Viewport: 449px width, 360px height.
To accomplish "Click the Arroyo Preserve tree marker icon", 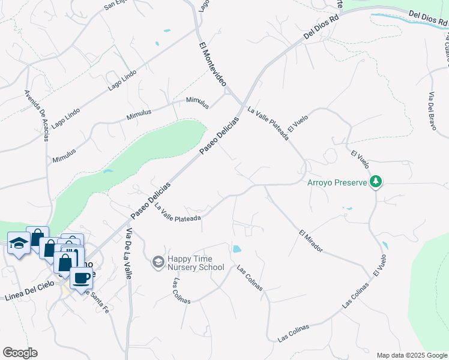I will click(376, 181).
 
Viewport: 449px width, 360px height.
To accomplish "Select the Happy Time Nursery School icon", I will click(158, 262).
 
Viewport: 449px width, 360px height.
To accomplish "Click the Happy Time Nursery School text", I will click(196, 263).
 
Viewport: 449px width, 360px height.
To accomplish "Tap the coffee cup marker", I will click(80, 278).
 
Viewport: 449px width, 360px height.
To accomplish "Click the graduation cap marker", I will click(18, 243).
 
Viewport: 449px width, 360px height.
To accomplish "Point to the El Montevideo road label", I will click(212, 66).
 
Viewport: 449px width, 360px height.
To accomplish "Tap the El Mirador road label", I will click(310, 240).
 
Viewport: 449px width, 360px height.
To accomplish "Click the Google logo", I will click(20, 353).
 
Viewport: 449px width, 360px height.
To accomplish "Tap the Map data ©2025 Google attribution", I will click(411, 355).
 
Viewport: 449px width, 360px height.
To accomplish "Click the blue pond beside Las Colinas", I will click(237, 248).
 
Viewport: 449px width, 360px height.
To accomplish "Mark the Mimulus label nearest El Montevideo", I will click(197, 103).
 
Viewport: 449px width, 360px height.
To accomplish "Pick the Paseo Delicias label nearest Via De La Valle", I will click(151, 200).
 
